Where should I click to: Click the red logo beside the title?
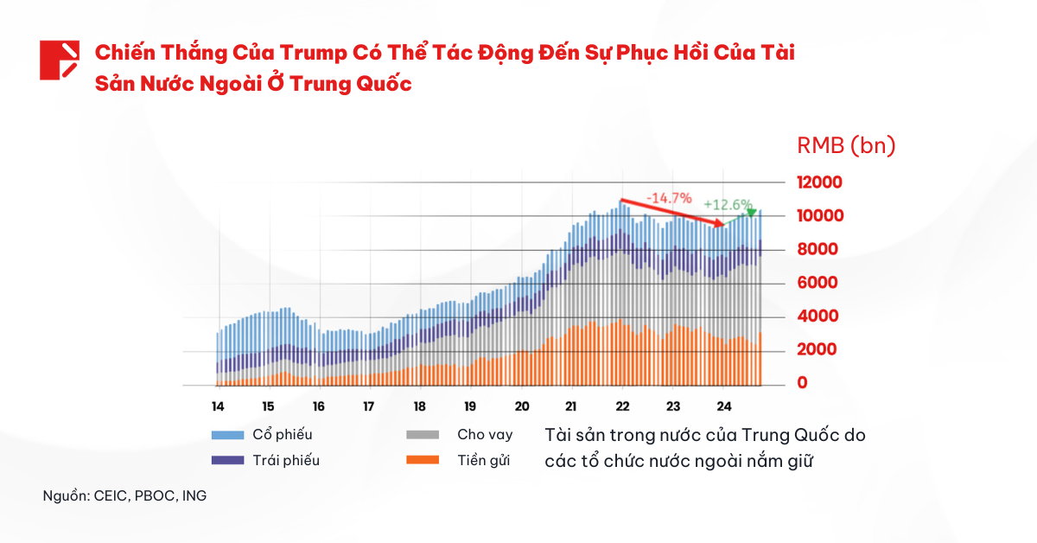(x=60, y=60)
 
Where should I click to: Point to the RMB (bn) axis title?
(x=845, y=146)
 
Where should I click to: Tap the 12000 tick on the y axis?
(x=819, y=182)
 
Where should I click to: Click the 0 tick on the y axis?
(x=803, y=383)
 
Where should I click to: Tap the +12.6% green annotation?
(x=728, y=205)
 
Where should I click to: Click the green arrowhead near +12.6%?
(x=751, y=213)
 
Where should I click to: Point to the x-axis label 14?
(x=218, y=406)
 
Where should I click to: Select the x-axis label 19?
(x=470, y=406)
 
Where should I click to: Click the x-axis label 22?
(x=623, y=406)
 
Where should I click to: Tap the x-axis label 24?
(x=724, y=406)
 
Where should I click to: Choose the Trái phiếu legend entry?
(x=285, y=460)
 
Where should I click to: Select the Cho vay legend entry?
(x=485, y=434)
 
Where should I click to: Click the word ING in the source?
(x=194, y=496)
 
